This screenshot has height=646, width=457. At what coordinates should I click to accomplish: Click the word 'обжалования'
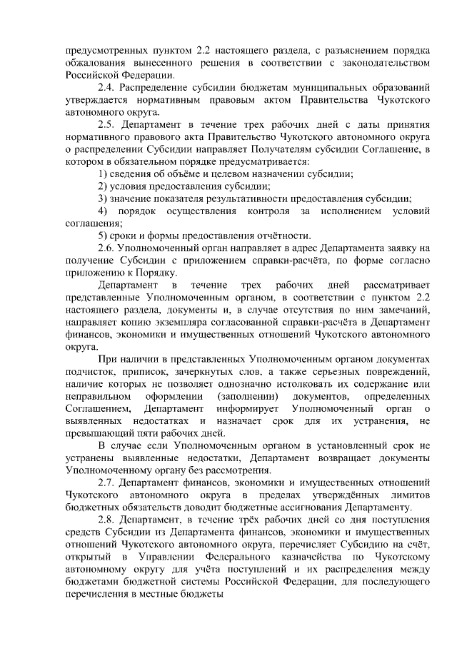coord(96,63)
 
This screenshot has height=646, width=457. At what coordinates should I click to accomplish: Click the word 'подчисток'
coord(91,372)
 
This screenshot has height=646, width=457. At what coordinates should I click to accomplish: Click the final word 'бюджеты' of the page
coord(195,595)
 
